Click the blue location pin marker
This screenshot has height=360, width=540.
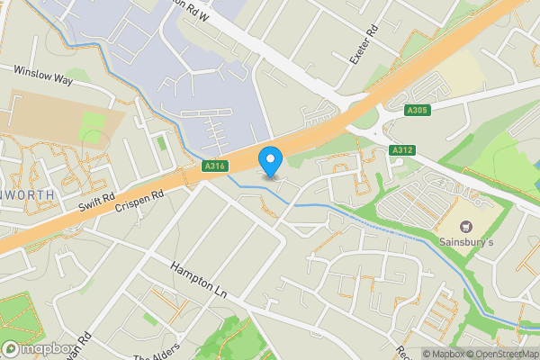[x=270, y=159]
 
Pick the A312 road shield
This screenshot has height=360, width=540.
[x=401, y=149]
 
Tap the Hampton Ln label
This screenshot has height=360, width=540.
[x=197, y=280]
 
